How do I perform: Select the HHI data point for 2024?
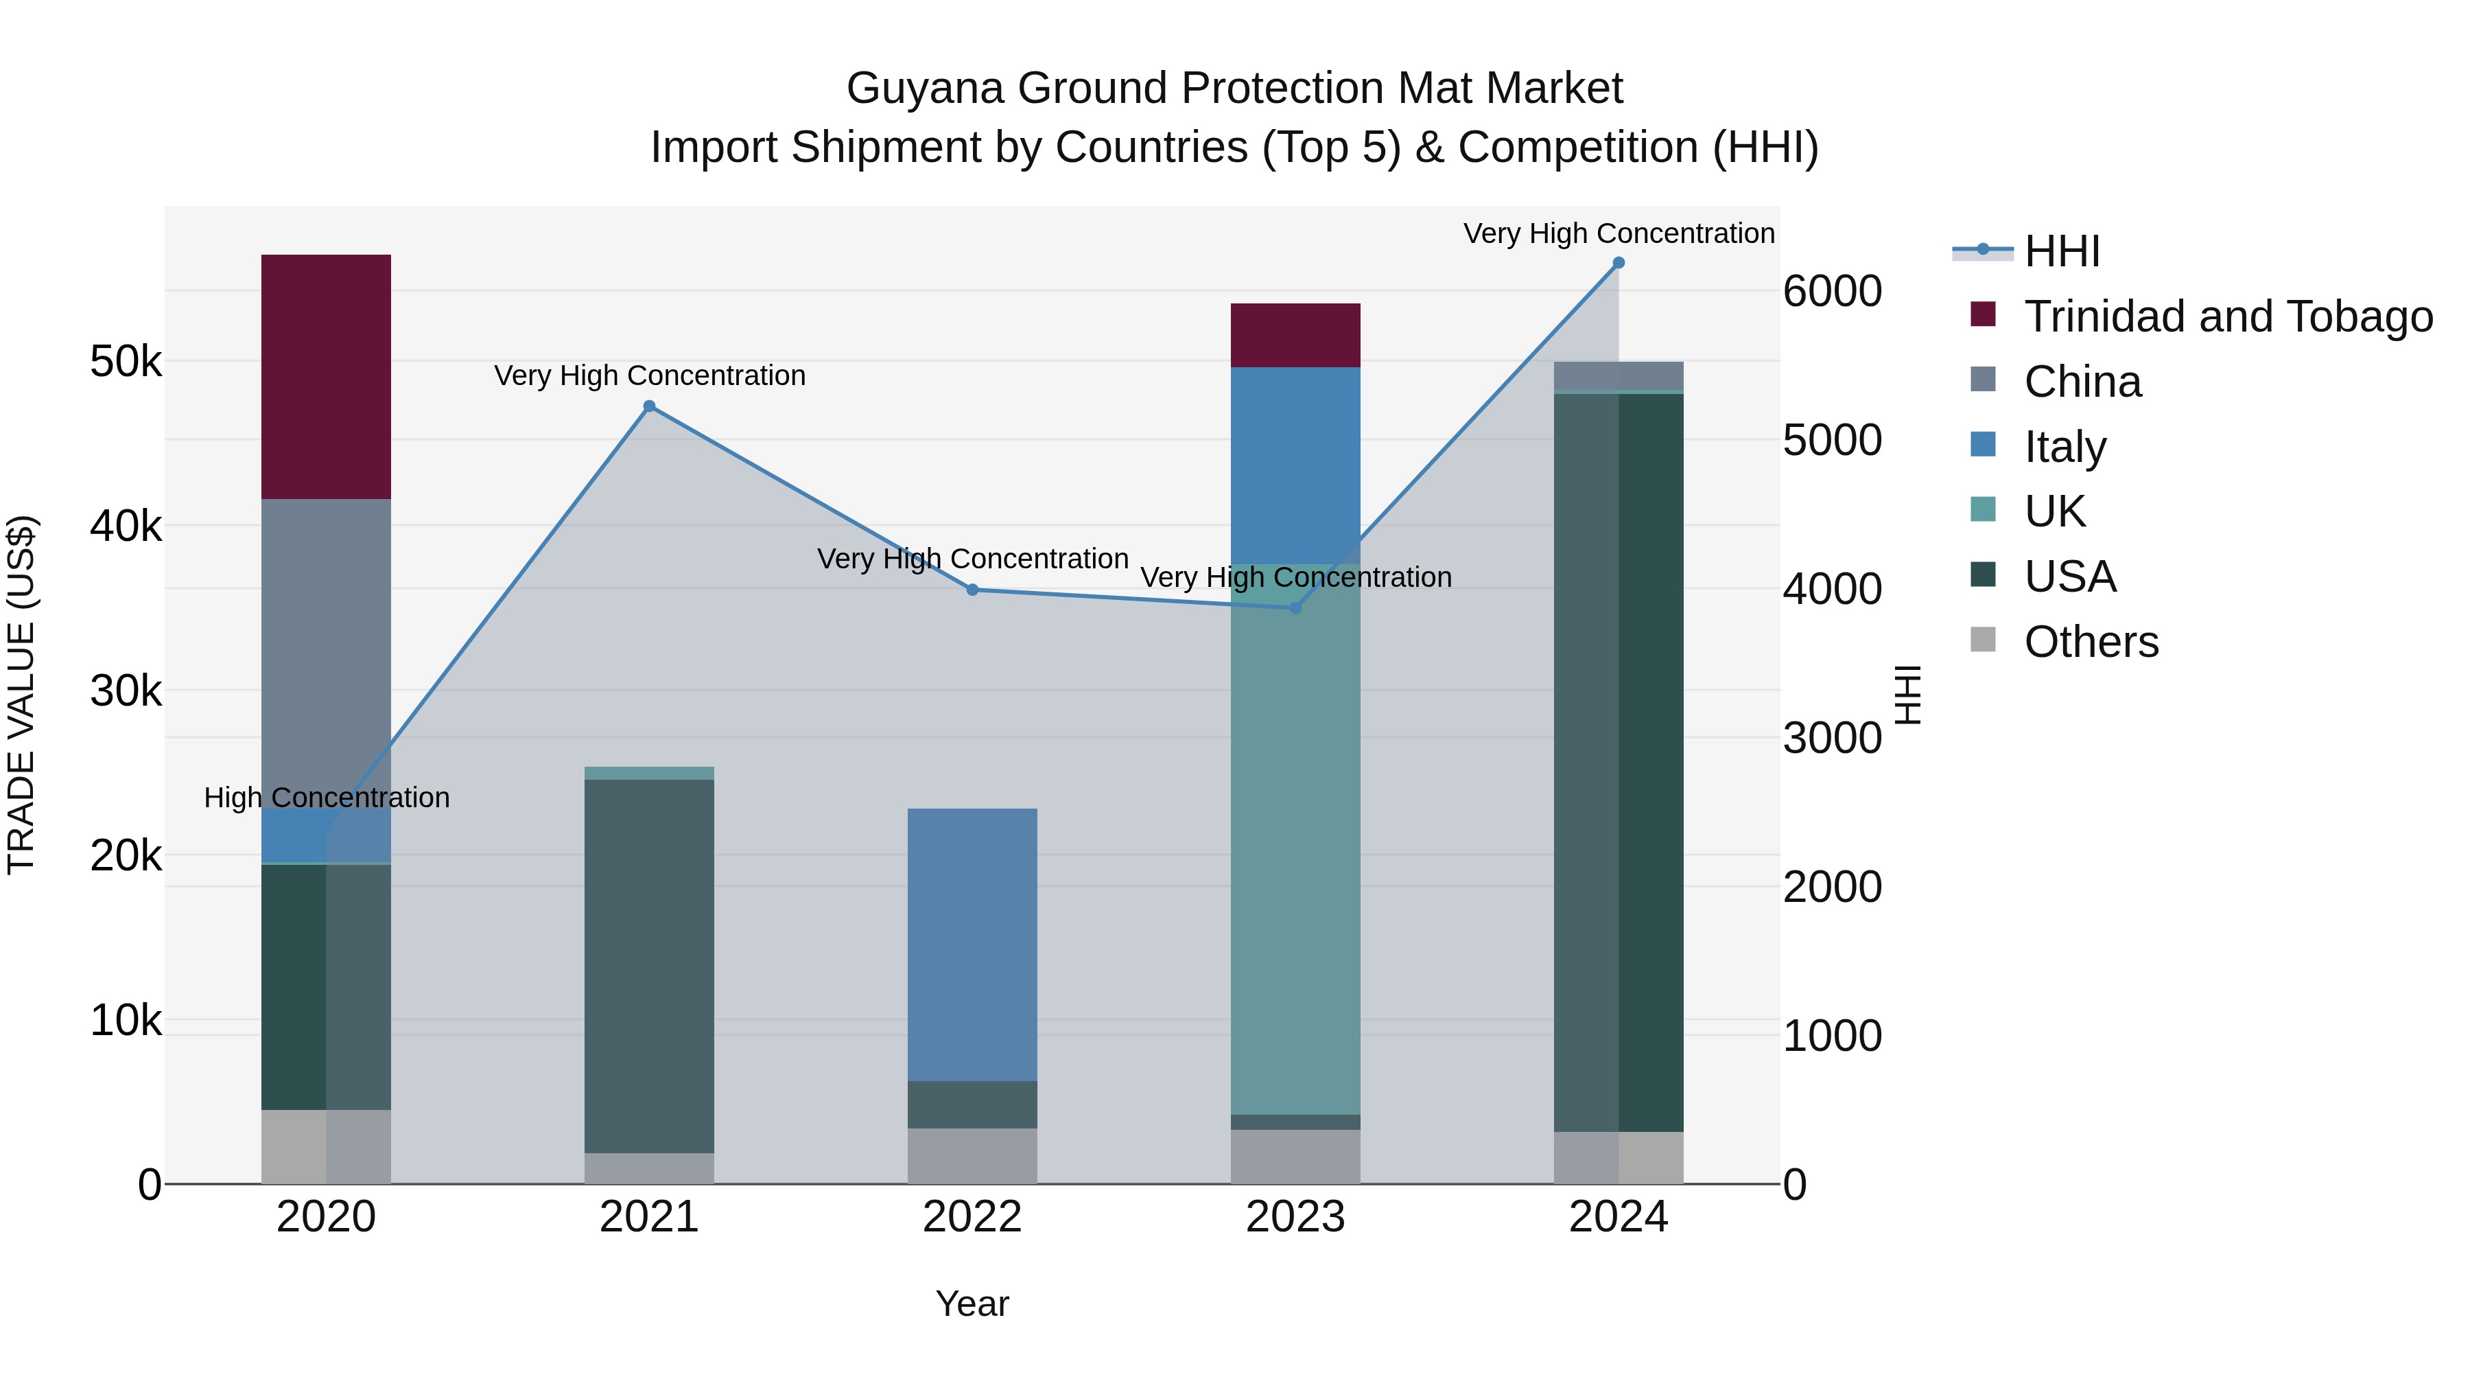[x=1619, y=263]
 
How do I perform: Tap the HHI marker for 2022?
[x=972, y=590]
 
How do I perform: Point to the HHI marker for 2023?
[x=1295, y=607]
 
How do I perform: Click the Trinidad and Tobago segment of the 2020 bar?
[x=326, y=376]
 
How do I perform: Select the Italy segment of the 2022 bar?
[x=972, y=945]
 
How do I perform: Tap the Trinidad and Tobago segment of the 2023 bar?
[x=1295, y=335]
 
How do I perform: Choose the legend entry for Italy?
[x=2065, y=447]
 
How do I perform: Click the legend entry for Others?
[x=2091, y=642]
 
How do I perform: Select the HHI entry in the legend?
[x=2062, y=251]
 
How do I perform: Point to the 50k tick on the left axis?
[x=126, y=362]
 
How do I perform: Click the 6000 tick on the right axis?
[x=1831, y=292]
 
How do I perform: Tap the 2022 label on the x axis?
[x=972, y=1217]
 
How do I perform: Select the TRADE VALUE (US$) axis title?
[x=21, y=695]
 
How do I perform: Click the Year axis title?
[x=972, y=1304]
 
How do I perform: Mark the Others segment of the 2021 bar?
[x=649, y=1168]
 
